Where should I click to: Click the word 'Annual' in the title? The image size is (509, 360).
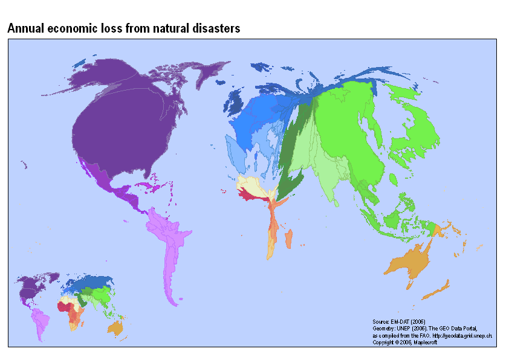pyautogui.click(x=24, y=28)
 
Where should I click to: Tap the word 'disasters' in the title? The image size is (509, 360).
pyautogui.click(x=217, y=28)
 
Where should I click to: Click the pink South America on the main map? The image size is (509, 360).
pyautogui.click(x=166, y=242)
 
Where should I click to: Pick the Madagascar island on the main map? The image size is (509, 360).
pyautogui.click(x=289, y=239)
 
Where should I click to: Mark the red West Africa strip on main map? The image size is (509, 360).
pyautogui.click(x=249, y=194)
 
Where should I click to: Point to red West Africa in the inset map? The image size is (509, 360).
pyautogui.click(x=62, y=306)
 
